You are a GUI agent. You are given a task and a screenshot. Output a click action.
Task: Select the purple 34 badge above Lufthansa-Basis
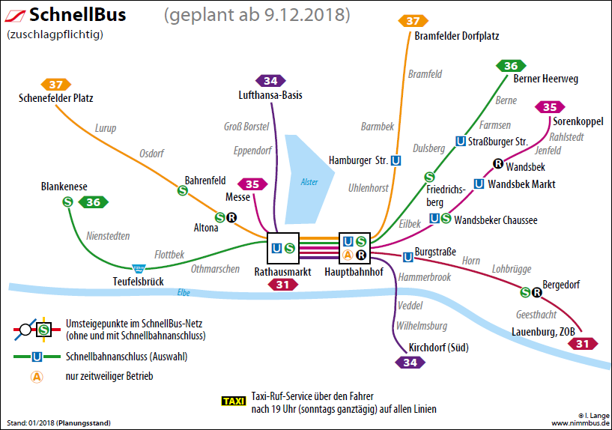(270, 81)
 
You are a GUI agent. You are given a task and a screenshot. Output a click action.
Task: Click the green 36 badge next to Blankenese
(94, 202)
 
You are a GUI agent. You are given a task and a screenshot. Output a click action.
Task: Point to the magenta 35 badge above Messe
(252, 184)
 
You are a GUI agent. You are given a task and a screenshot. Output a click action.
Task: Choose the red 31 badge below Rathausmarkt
(282, 285)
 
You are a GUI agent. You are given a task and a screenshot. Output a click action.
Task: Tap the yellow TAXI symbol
(234, 402)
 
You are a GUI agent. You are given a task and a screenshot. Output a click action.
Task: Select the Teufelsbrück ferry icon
(139, 267)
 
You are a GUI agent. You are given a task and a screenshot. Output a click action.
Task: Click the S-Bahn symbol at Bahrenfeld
(182, 191)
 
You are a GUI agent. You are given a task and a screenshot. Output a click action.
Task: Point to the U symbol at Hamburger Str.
(396, 160)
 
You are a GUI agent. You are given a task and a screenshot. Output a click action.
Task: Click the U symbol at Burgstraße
(408, 257)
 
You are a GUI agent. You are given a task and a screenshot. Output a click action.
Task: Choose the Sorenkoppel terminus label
(578, 121)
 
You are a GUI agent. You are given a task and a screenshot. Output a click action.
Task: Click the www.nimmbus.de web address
(579, 423)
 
